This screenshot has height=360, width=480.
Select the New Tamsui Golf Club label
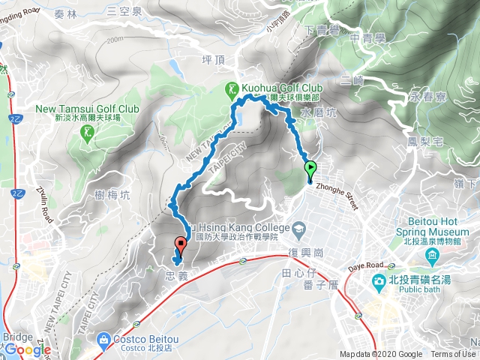click(x=88, y=108)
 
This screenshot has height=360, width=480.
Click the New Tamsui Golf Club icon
click(x=88, y=133)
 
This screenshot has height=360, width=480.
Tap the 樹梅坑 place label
click(x=113, y=195)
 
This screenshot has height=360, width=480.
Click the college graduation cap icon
click(x=298, y=226)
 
